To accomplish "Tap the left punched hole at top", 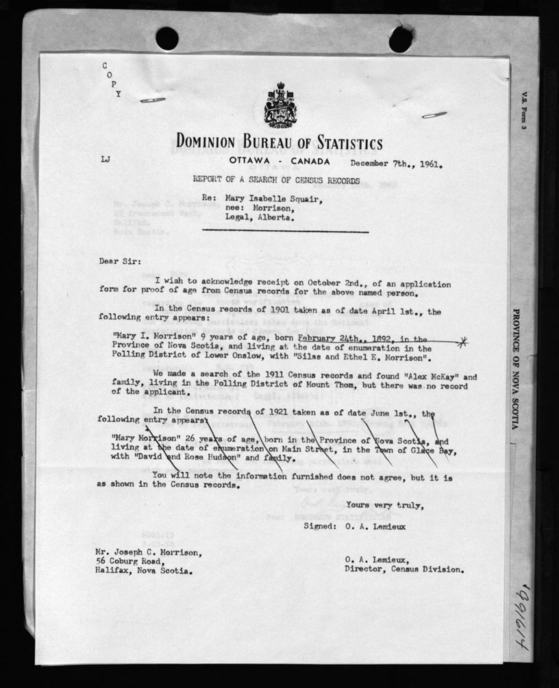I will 166,38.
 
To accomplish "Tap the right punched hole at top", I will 401,39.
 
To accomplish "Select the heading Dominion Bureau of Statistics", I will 279,143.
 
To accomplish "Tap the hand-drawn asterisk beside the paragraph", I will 464,341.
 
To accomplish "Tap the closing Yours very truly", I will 384,506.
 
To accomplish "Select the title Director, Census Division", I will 404,569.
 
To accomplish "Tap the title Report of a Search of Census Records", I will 275,180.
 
